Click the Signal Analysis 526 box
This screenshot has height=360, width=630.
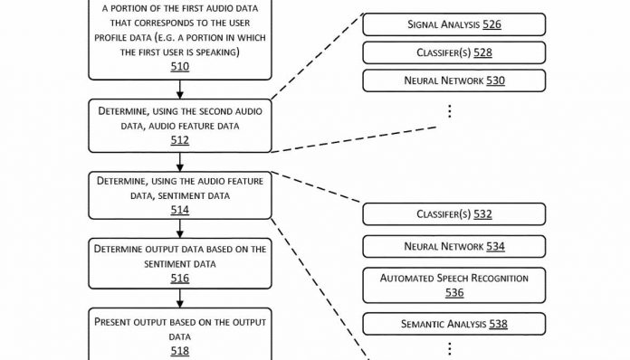(x=453, y=24)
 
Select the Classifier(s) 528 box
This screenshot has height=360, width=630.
(x=453, y=52)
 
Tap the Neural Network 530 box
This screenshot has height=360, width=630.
(x=453, y=81)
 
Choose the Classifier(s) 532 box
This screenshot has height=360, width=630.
(x=453, y=214)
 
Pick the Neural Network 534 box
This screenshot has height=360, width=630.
(x=453, y=246)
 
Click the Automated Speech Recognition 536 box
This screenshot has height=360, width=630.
(x=453, y=284)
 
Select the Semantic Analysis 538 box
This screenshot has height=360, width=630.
(x=453, y=323)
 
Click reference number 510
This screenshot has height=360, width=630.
(x=180, y=65)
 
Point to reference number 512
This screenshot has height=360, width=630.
(x=180, y=139)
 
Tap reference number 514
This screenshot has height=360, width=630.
(x=180, y=209)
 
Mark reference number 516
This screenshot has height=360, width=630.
(x=180, y=278)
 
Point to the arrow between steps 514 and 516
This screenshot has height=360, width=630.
(x=180, y=229)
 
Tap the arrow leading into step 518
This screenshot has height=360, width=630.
(x=180, y=298)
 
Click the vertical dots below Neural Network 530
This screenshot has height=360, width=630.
(x=450, y=110)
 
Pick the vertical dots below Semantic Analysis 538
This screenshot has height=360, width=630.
(x=450, y=348)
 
